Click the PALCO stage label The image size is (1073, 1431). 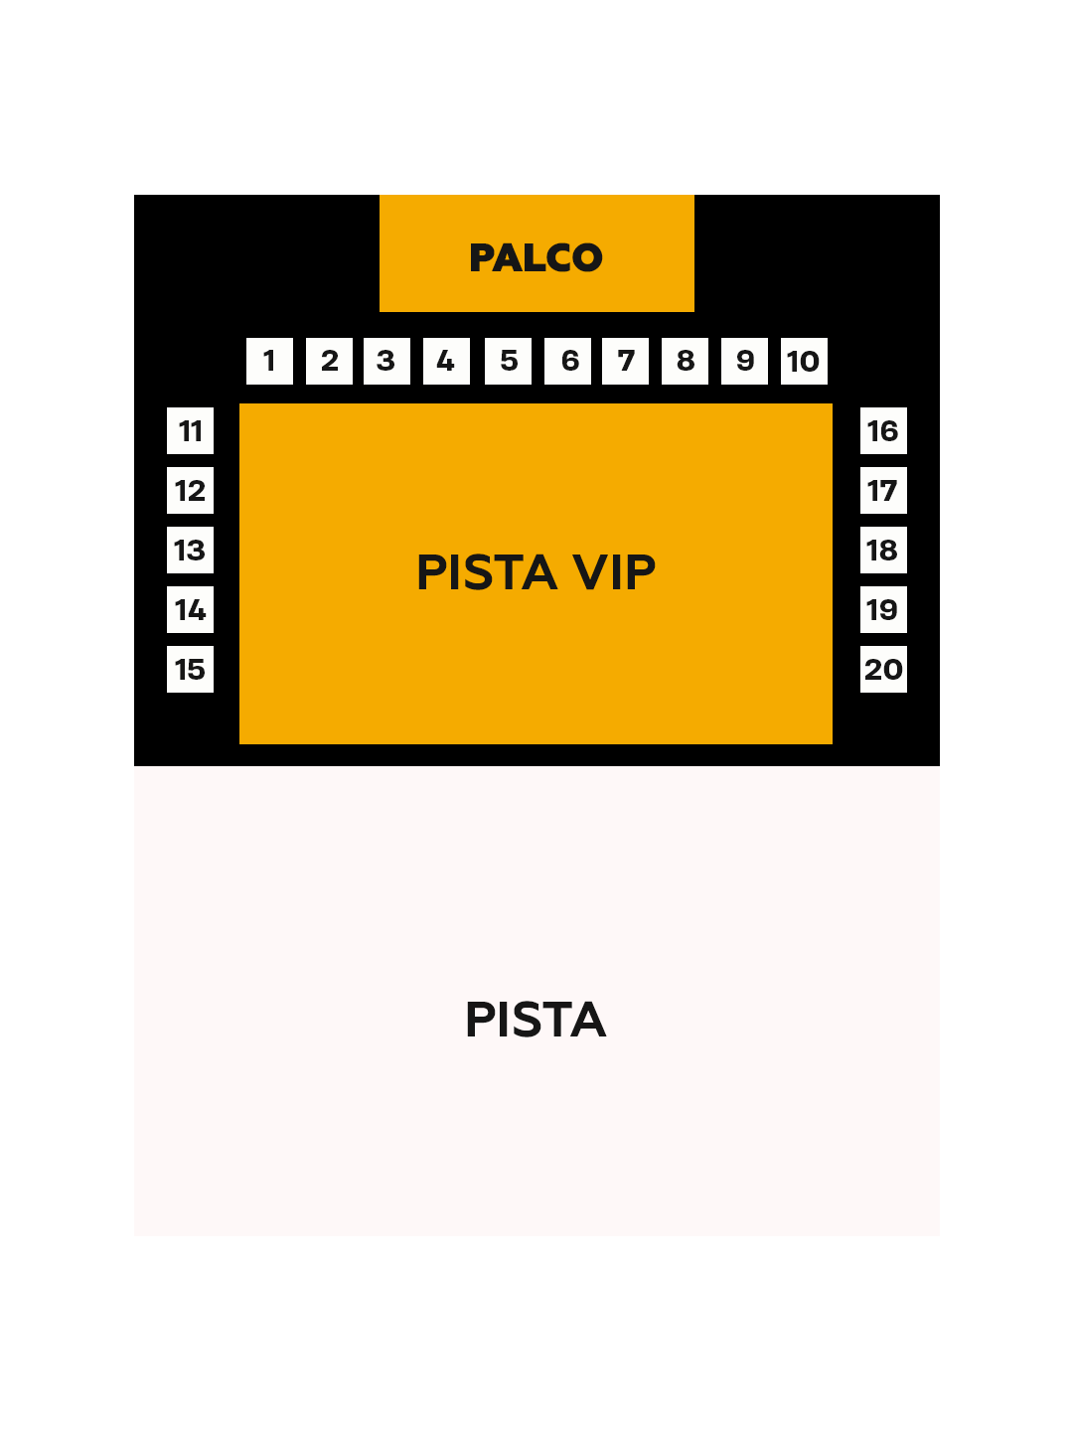click(x=536, y=257)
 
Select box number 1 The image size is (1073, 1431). click(x=269, y=361)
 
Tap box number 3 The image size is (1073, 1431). click(x=386, y=361)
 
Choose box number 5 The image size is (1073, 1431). click(x=508, y=361)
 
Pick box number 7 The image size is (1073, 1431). click(x=625, y=361)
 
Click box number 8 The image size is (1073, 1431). click(x=685, y=361)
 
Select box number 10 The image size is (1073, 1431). click(x=804, y=361)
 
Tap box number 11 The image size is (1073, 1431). click(x=190, y=431)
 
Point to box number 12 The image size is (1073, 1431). click(x=190, y=491)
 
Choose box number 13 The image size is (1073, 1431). click(x=190, y=551)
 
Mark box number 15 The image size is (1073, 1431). click(x=190, y=670)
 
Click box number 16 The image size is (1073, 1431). click(x=883, y=431)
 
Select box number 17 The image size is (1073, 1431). click(x=883, y=491)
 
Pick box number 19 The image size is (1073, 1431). click(x=883, y=610)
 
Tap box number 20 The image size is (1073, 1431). click(x=883, y=670)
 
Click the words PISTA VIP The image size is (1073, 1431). click(x=536, y=572)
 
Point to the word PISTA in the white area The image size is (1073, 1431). click(x=536, y=1020)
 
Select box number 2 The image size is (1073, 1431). click(x=329, y=361)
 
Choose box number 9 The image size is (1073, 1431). click(x=744, y=361)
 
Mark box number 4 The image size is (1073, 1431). click(x=446, y=361)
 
